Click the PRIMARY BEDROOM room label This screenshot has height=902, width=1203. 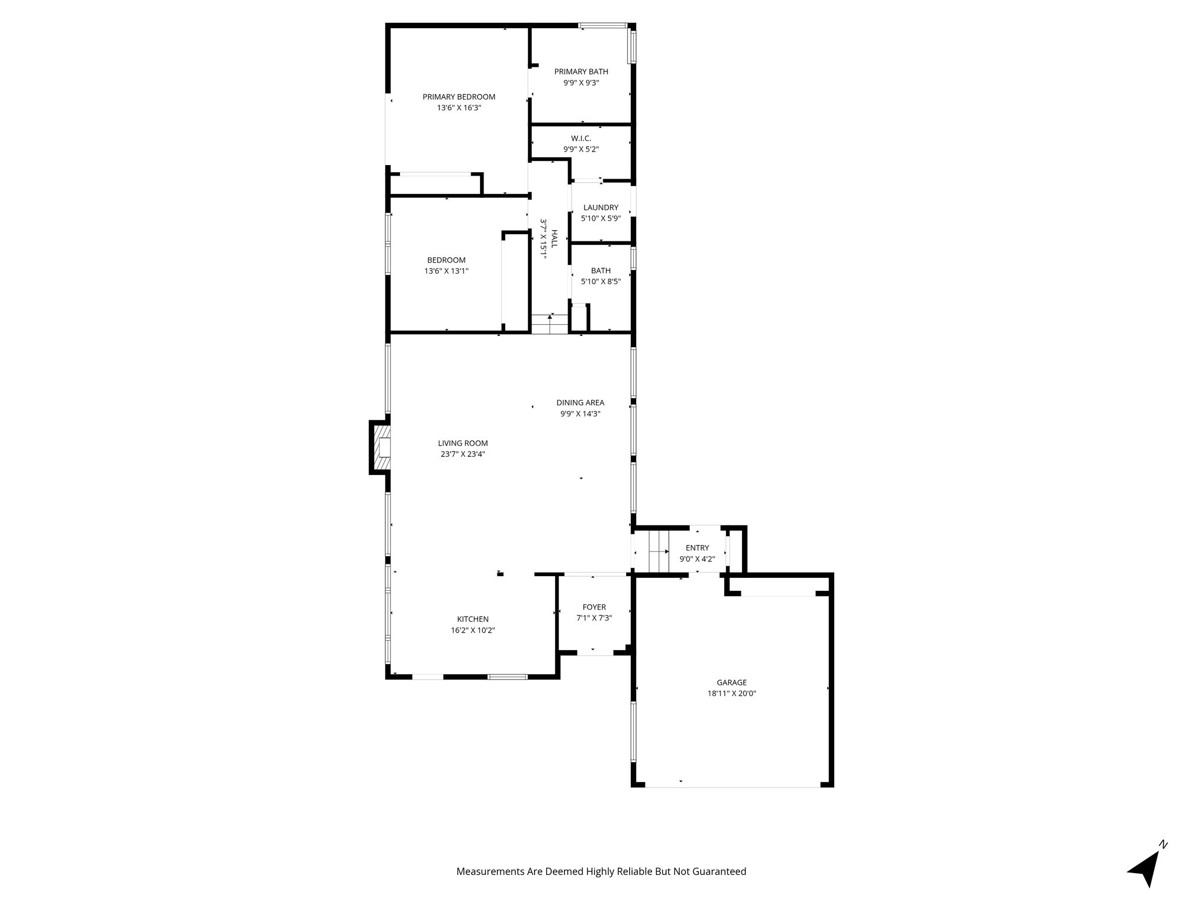coord(459,97)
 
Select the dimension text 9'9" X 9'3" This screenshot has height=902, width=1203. coord(581,83)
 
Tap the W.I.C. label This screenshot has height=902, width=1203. coord(580,138)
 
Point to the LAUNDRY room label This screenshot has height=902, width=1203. coord(600,207)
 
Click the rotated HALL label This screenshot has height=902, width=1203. coord(554,239)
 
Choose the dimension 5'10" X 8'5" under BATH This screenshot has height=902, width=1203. coord(600,281)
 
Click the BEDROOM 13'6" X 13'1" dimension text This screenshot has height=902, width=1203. coord(446,271)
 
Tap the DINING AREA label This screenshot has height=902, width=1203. coord(580,402)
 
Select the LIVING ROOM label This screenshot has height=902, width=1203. coord(463,443)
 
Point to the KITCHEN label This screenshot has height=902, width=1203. coord(473,619)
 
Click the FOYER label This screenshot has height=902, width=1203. coord(594,607)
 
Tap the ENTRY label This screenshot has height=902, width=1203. coord(697,548)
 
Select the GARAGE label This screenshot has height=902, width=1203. coord(731,682)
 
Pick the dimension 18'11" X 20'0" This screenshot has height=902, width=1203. coord(731,694)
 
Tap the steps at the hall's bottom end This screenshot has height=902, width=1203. coord(549,324)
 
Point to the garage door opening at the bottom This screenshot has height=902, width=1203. coord(732,786)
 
